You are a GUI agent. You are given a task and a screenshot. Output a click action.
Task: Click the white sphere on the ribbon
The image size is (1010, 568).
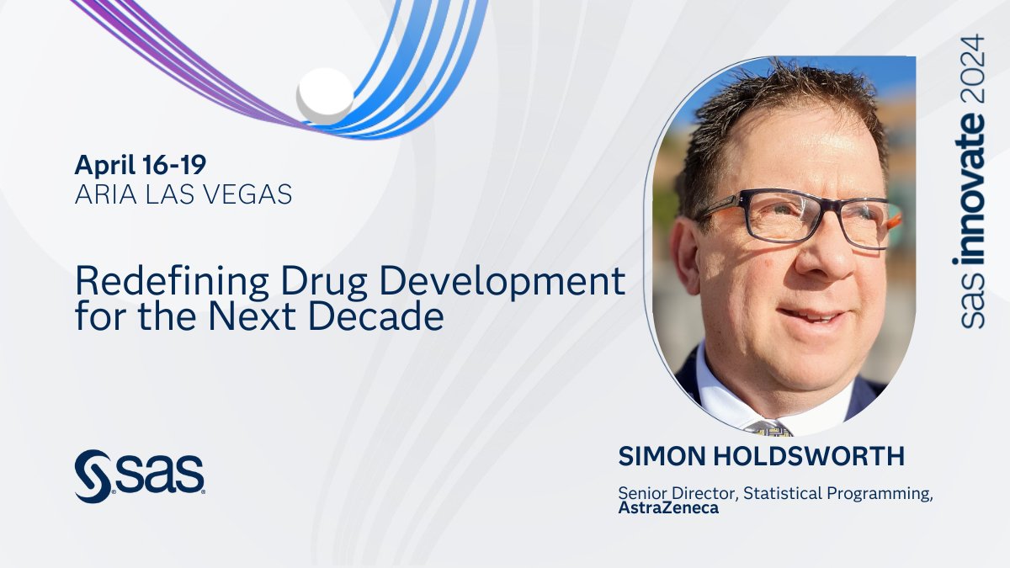325,93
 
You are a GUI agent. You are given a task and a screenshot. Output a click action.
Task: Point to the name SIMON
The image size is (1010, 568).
660,457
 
